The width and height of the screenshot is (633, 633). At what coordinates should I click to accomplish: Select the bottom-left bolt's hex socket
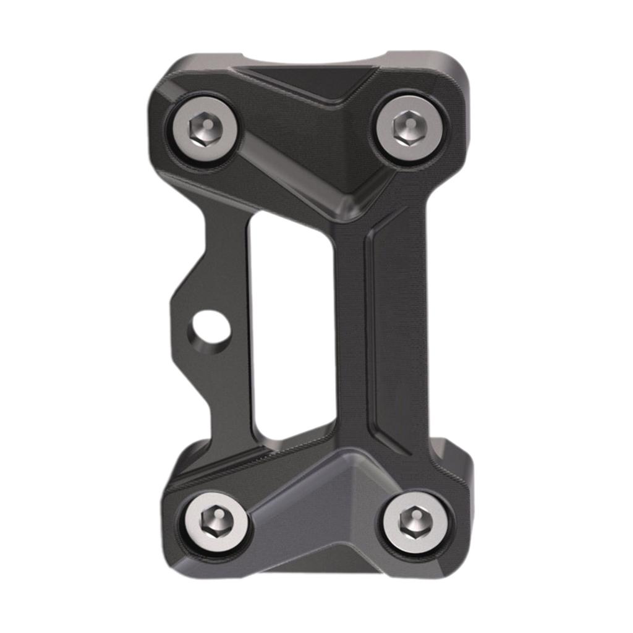pyautogui.click(x=216, y=524)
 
